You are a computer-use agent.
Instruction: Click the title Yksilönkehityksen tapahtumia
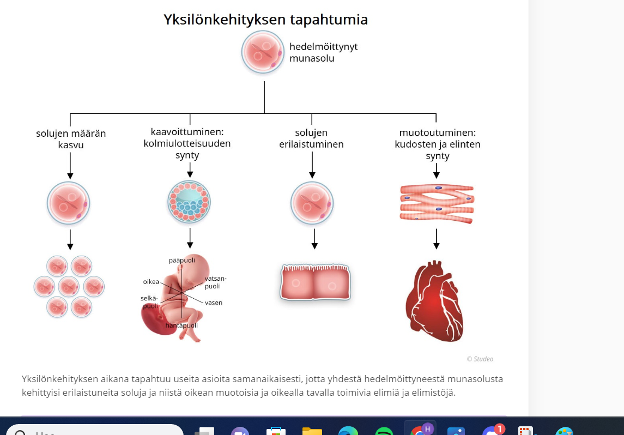(x=265, y=20)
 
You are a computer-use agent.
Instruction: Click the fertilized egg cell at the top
(x=263, y=52)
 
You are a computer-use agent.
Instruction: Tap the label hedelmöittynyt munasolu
(x=323, y=52)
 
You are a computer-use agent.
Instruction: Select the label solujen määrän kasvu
(x=71, y=139)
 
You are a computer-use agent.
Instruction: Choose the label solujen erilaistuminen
(x=312, y=138)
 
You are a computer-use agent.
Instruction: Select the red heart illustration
(x=434, y=301)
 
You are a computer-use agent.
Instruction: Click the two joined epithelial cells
(x=315, y=282)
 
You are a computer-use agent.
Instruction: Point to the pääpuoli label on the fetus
(x=181, y=261)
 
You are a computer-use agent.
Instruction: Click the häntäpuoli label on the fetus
(x=181, y=325)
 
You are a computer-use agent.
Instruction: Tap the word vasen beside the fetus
(x=214, y=303)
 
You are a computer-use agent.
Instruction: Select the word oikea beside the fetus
(x=151, y=282)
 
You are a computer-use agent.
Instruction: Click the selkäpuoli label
(x=150, y=302)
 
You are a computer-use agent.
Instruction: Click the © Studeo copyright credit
(x=480, y=359)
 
